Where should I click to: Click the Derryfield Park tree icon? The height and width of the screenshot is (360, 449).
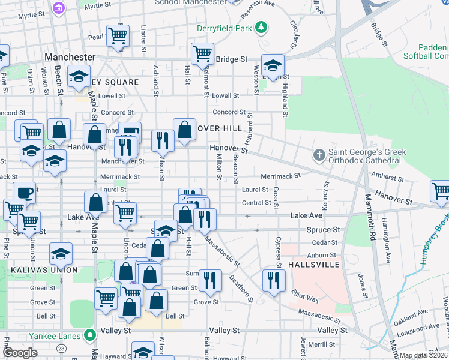point(261,28)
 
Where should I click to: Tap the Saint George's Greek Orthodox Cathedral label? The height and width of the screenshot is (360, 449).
point(365,156)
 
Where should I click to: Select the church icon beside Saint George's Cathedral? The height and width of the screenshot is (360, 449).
point(319,155)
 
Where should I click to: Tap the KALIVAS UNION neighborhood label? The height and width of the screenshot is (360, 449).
point(44,270)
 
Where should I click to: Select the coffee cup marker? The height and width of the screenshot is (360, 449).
point(24,193)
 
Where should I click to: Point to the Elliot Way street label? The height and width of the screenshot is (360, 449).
point(304,296)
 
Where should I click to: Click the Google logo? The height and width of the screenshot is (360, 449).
point(20,353)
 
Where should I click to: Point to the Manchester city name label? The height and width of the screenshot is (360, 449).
point(70,57)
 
